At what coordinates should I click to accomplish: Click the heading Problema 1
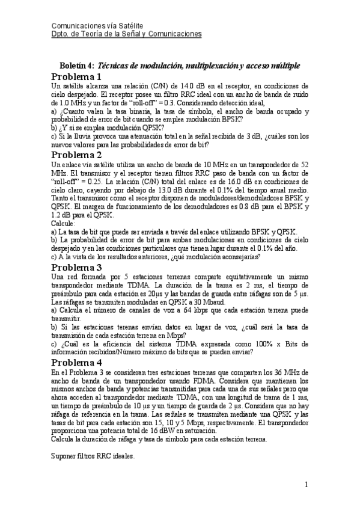coord(76,78)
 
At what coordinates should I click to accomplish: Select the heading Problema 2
coord(76,155)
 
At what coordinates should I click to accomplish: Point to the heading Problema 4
coord(76,363)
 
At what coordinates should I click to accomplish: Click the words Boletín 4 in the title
coord(77,65)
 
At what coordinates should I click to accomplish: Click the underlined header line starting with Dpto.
coord(126,35)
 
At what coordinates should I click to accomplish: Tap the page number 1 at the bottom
coord(306,484)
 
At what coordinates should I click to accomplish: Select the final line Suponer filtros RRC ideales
coord(93,456)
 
